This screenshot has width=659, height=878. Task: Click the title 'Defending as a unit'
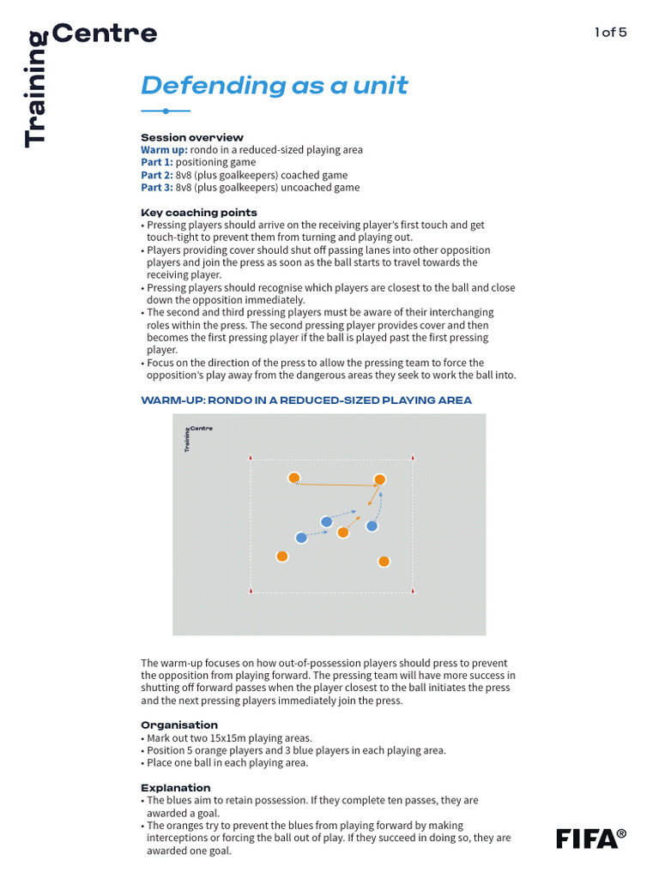[274, 86]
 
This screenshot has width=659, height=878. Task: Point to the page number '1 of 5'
[610, 33]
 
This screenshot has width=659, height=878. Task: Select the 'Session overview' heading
[191, 137]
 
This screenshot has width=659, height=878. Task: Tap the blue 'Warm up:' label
[164, 150]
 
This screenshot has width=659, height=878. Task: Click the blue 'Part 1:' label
[156, 162]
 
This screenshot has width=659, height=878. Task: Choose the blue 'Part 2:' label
[156, 175]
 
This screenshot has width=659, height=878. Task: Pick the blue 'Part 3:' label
[156, 188]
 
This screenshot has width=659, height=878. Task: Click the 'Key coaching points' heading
[198, 213]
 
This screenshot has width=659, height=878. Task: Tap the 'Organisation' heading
[178, 725]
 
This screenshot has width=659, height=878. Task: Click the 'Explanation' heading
[175, 787]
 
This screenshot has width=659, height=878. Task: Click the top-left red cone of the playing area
[251, 458]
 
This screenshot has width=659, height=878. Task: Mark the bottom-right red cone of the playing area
[414, 590]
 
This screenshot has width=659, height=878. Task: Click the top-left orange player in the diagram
[293, 478]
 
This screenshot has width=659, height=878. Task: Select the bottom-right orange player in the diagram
[384, 562]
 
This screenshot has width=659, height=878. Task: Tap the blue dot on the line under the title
[165, 111]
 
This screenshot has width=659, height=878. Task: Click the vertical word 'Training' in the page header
[35, 89]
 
